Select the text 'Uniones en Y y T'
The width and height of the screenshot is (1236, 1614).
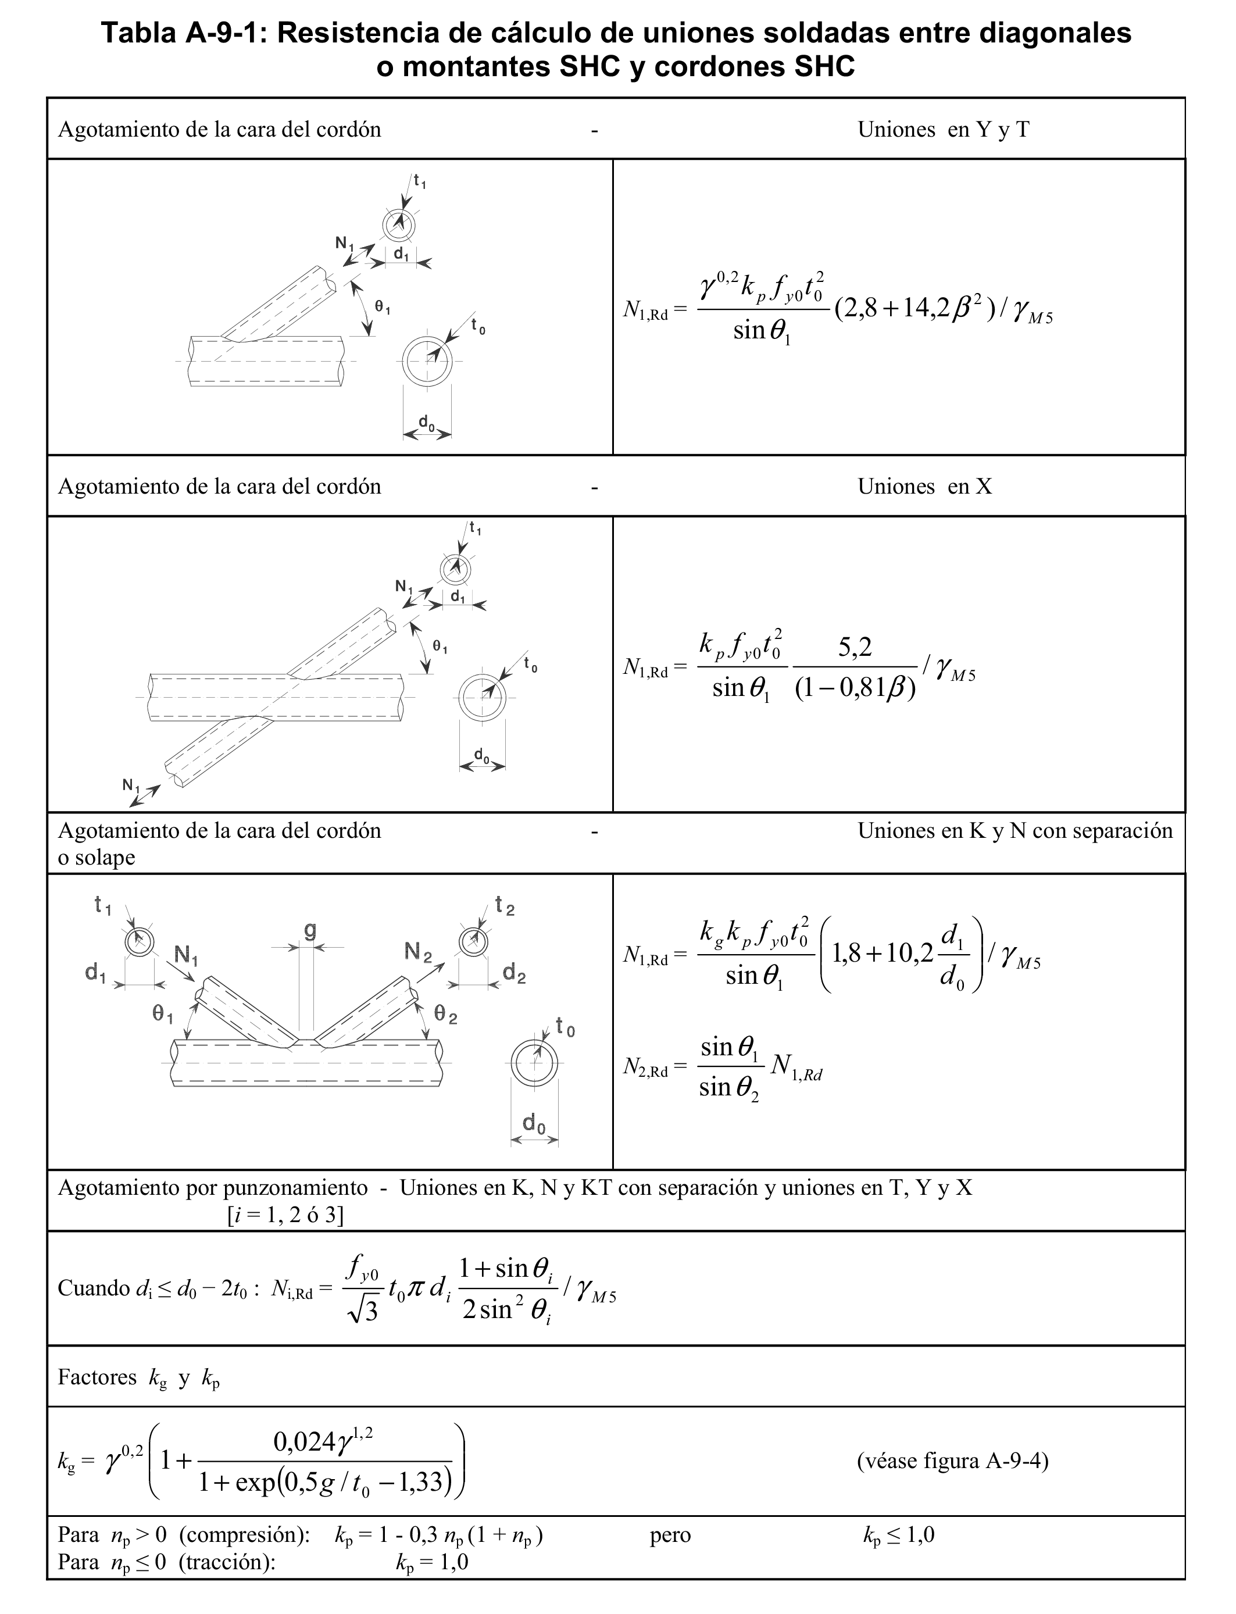point(943,130)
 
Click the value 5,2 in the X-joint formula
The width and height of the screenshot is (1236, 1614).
point(855,647)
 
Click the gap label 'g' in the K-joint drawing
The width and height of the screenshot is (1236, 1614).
point(310,931)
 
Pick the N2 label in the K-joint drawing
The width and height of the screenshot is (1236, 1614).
point(418,953)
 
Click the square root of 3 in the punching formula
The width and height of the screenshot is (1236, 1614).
point(364,1312)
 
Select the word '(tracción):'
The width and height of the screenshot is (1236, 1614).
point(227,1562)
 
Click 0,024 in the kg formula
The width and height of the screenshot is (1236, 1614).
point(305,1442)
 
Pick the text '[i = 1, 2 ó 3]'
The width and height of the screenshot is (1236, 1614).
point(285,1215)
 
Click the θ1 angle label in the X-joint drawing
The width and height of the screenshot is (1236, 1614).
point(440,647)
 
